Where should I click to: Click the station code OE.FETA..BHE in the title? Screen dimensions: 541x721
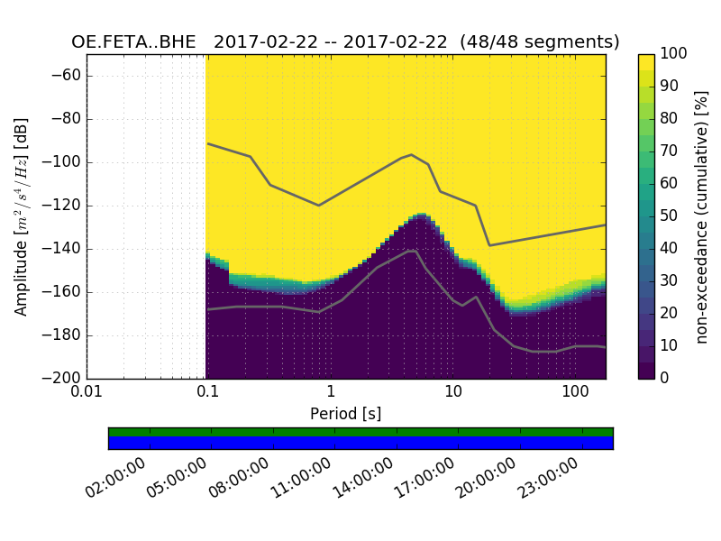(x=137, y=42)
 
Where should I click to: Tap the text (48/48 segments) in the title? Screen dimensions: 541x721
(x=540, y=42)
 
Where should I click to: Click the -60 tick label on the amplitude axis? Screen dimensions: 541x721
(x=65, y=76)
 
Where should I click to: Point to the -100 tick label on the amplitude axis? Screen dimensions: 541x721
(x=61, y=162)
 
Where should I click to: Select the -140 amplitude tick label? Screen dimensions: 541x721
(x=61, y=249)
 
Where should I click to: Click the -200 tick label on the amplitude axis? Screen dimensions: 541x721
(x=61, y=379)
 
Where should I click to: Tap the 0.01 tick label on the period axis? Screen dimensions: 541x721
(x=87, y=391)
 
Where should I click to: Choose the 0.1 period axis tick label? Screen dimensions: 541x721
(x=208, y=391)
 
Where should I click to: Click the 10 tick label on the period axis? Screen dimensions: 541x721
(x=453, y=391)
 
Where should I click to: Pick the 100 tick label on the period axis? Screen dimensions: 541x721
(x=575, y=391)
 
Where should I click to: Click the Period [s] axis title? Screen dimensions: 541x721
(x=345, y=413)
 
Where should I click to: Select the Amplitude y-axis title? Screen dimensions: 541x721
(x=22, y=216)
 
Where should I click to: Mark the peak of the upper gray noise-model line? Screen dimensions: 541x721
(x=412, y=154)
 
